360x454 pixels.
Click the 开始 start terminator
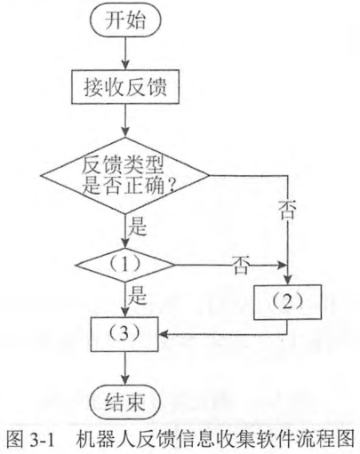click(125, 20)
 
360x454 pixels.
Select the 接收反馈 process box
click(125, 86)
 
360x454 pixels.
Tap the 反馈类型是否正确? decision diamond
click(125, 175)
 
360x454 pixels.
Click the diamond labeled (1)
click(125, 265)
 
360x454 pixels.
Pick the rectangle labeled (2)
click(287, 302)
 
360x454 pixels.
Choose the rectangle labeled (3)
click(124, 334)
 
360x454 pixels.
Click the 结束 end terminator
click(125, 402)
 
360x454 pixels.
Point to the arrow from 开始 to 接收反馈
click(125, 52)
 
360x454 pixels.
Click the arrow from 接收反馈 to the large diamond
click(125, 121)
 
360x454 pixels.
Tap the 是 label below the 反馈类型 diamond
click(137, 226)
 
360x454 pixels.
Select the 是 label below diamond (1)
click(137, 295)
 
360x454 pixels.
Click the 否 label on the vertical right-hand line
click(287, 210)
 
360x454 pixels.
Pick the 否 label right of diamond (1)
click(240, 265)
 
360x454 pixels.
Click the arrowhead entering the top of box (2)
click(287, 280)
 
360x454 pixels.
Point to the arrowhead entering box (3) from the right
click(164, 334)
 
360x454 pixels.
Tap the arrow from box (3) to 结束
click(125, 370)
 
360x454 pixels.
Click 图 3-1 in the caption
click(30, 439)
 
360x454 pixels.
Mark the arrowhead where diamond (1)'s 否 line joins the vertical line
click(282, 265)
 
